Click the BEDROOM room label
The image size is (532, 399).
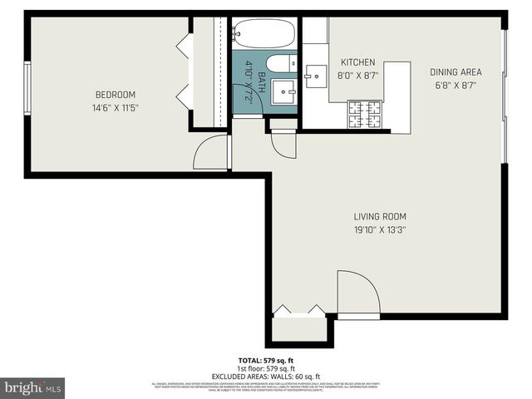[115, 95]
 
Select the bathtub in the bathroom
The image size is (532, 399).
[263, 35]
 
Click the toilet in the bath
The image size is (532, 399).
[280, 63]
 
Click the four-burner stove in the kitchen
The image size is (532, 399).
[363, 115]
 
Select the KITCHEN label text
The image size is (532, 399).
[358, 62]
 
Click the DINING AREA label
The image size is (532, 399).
[455, 72]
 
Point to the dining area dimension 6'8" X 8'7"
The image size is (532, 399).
[455, 85]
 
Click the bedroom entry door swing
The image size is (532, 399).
[211, 153]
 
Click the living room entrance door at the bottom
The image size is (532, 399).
[357, 295]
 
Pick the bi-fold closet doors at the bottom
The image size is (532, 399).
[299, 312]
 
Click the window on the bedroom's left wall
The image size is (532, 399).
[27, 87]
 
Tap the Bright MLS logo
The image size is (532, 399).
[33, 387]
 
